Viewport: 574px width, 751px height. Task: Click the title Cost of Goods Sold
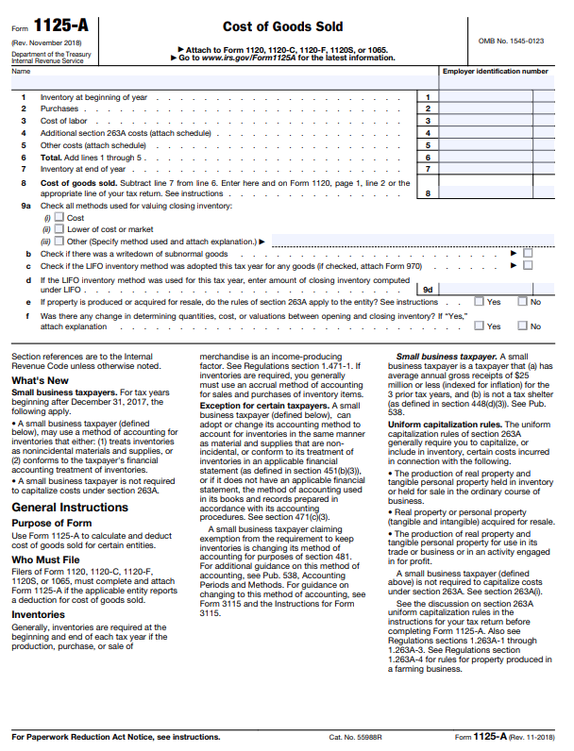[x=282, y=27]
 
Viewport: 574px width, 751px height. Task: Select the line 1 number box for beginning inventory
[x=428, y=97]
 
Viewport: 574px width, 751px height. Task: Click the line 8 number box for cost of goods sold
[x=428, y=192]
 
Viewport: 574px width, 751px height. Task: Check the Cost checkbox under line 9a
[x=59, y=218]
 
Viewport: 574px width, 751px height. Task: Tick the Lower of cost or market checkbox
[x=59, y=229]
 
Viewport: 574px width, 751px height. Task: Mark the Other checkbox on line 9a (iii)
[x=59, y=241]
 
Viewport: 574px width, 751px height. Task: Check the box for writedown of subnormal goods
[x=528, y=253]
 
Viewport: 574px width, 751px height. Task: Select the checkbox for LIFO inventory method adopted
[x=528, y=265]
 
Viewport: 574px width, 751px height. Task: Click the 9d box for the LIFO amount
[x=428, y=290]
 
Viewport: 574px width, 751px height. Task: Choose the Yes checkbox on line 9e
[x=479, y=302]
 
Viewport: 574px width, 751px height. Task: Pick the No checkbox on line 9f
[x=522, y=326]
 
